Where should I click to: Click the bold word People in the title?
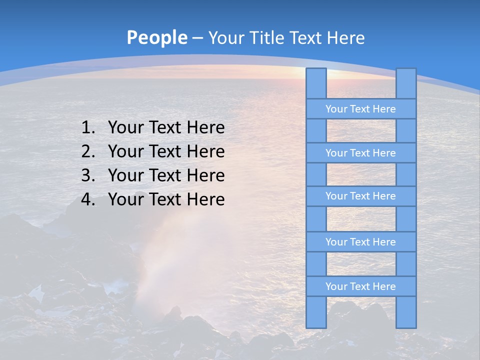pyautogui.click(x=156, y=37)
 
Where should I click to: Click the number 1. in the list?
pyautogui.click(x=88, y=128)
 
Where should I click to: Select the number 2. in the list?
pyautogui.click(x=88, y=151)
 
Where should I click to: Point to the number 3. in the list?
pyautogui.click(x=88, y=175)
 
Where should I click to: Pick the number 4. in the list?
pyautogui.click(x=88, y=199)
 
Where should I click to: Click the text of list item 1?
pyautogui.click(x=166, y=128)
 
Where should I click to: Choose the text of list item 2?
pyautogui.click(x=166, y=151)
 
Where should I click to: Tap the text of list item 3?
pyautogui.click(x=166, y=175)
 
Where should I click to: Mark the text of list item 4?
pyautogui.click(x=166, y=199)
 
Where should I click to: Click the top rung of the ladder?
pyautogui.click(x=360, y=109)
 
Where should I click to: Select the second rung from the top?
pyautogui.click(x=360, y=153)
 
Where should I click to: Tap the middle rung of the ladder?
pyautogui.click(x=360, y=196)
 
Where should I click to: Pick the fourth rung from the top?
pyautogui.click(x=360, y=242)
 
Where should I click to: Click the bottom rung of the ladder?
pyautogui.click(x=360, y=286)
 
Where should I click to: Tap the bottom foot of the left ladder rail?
pyautogui.click(x=316, y=323)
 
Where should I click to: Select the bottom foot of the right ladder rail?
pyautogui.click(x=406, y=323)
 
